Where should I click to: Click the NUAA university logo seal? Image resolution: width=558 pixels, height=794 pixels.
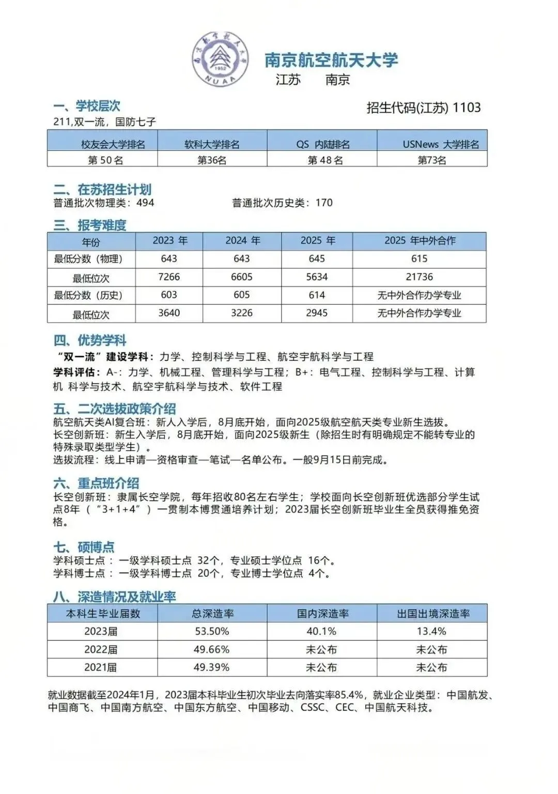click(221, 60)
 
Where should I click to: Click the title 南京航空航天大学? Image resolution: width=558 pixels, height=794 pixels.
click(331, 60)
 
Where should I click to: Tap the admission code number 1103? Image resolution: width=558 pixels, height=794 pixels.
click(467, 108)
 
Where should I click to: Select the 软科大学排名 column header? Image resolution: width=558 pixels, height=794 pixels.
click(212, 144)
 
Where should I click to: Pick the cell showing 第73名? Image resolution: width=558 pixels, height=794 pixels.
click(432, 160)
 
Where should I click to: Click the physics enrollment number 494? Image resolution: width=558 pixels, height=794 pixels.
click(145, 203)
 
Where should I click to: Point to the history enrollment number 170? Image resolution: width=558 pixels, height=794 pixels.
click(324, 203)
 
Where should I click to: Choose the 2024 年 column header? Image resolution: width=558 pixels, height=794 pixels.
click(242, 241)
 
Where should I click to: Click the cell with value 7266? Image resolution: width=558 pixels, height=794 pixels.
click(169, 277)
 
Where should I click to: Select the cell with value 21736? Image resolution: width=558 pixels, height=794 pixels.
click(420, 277)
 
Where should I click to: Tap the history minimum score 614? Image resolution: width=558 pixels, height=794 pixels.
click(317, 295)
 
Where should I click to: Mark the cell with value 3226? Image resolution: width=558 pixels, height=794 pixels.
click(242, 313)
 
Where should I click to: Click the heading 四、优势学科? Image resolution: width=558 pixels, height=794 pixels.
click(90, 340)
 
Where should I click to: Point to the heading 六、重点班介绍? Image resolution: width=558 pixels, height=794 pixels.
click(96, 483)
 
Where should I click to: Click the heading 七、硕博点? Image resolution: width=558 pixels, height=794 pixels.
click(84, 547)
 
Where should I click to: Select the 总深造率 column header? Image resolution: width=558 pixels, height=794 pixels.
click(212, 614)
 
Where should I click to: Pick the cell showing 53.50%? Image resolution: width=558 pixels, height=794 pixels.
click(212, 631)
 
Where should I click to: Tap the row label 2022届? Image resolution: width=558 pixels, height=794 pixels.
click(101, 649)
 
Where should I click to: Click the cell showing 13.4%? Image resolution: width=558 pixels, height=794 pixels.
click(431, 631)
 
